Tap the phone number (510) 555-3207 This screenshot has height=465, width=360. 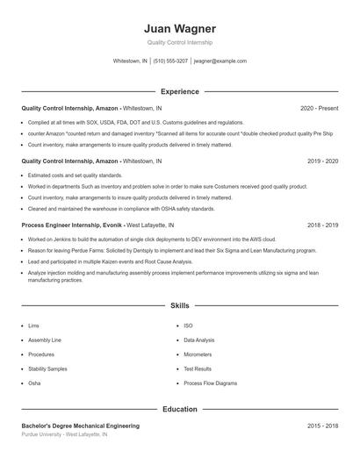[170, 61]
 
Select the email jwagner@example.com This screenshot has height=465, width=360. [220, 61]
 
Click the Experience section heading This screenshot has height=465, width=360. [179, 91]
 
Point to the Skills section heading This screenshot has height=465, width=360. [179, 305]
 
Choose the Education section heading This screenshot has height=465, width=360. [179, 409]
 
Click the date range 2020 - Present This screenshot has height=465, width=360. [319, 108]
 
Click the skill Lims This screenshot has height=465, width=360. [33, 325]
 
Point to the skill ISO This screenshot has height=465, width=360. [188, 325]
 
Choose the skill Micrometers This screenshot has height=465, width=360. [198, 354]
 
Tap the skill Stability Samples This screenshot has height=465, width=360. [47, 369]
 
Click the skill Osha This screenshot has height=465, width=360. [34, 383]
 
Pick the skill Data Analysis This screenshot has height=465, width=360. [198, 340]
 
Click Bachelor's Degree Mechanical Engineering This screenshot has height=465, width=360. [80, 426]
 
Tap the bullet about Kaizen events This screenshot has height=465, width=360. [110, 261]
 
